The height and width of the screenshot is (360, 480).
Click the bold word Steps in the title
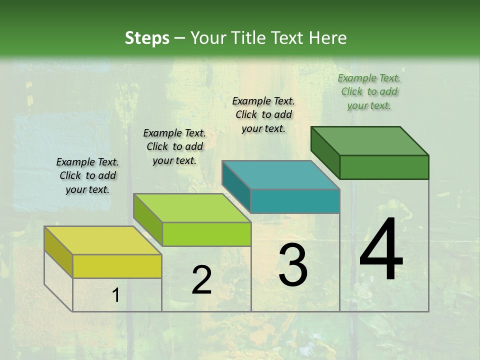click(x=147, y=38)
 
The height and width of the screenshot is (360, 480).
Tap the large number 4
click(x=381, y=250)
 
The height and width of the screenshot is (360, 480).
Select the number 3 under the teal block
click(x=293, y=265)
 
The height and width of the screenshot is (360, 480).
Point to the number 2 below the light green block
click(x=201, y=280)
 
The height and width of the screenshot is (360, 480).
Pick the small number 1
click(x=116, y=295)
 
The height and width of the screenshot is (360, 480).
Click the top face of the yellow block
click(x=103, y=240)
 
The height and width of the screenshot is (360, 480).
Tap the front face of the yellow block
click(x=117, y=266)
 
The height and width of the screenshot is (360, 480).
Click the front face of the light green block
click(x=206, y=234)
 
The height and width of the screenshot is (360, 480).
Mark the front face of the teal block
click(x=295, y=201)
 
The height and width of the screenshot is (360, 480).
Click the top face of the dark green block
click(x=370, y=141)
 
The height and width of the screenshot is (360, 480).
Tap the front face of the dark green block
click(x=384, y=167)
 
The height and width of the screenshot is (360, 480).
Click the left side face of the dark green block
click(x=325, y=152)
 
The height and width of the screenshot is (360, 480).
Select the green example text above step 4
click(x=369, y=91)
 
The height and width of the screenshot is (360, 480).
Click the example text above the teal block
click(x=263, y=114)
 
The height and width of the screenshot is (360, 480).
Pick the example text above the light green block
click(x=174, y=146)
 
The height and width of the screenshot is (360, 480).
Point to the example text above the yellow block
click(x=87, y=175)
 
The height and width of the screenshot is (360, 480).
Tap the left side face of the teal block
click(x=236, y=186)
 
